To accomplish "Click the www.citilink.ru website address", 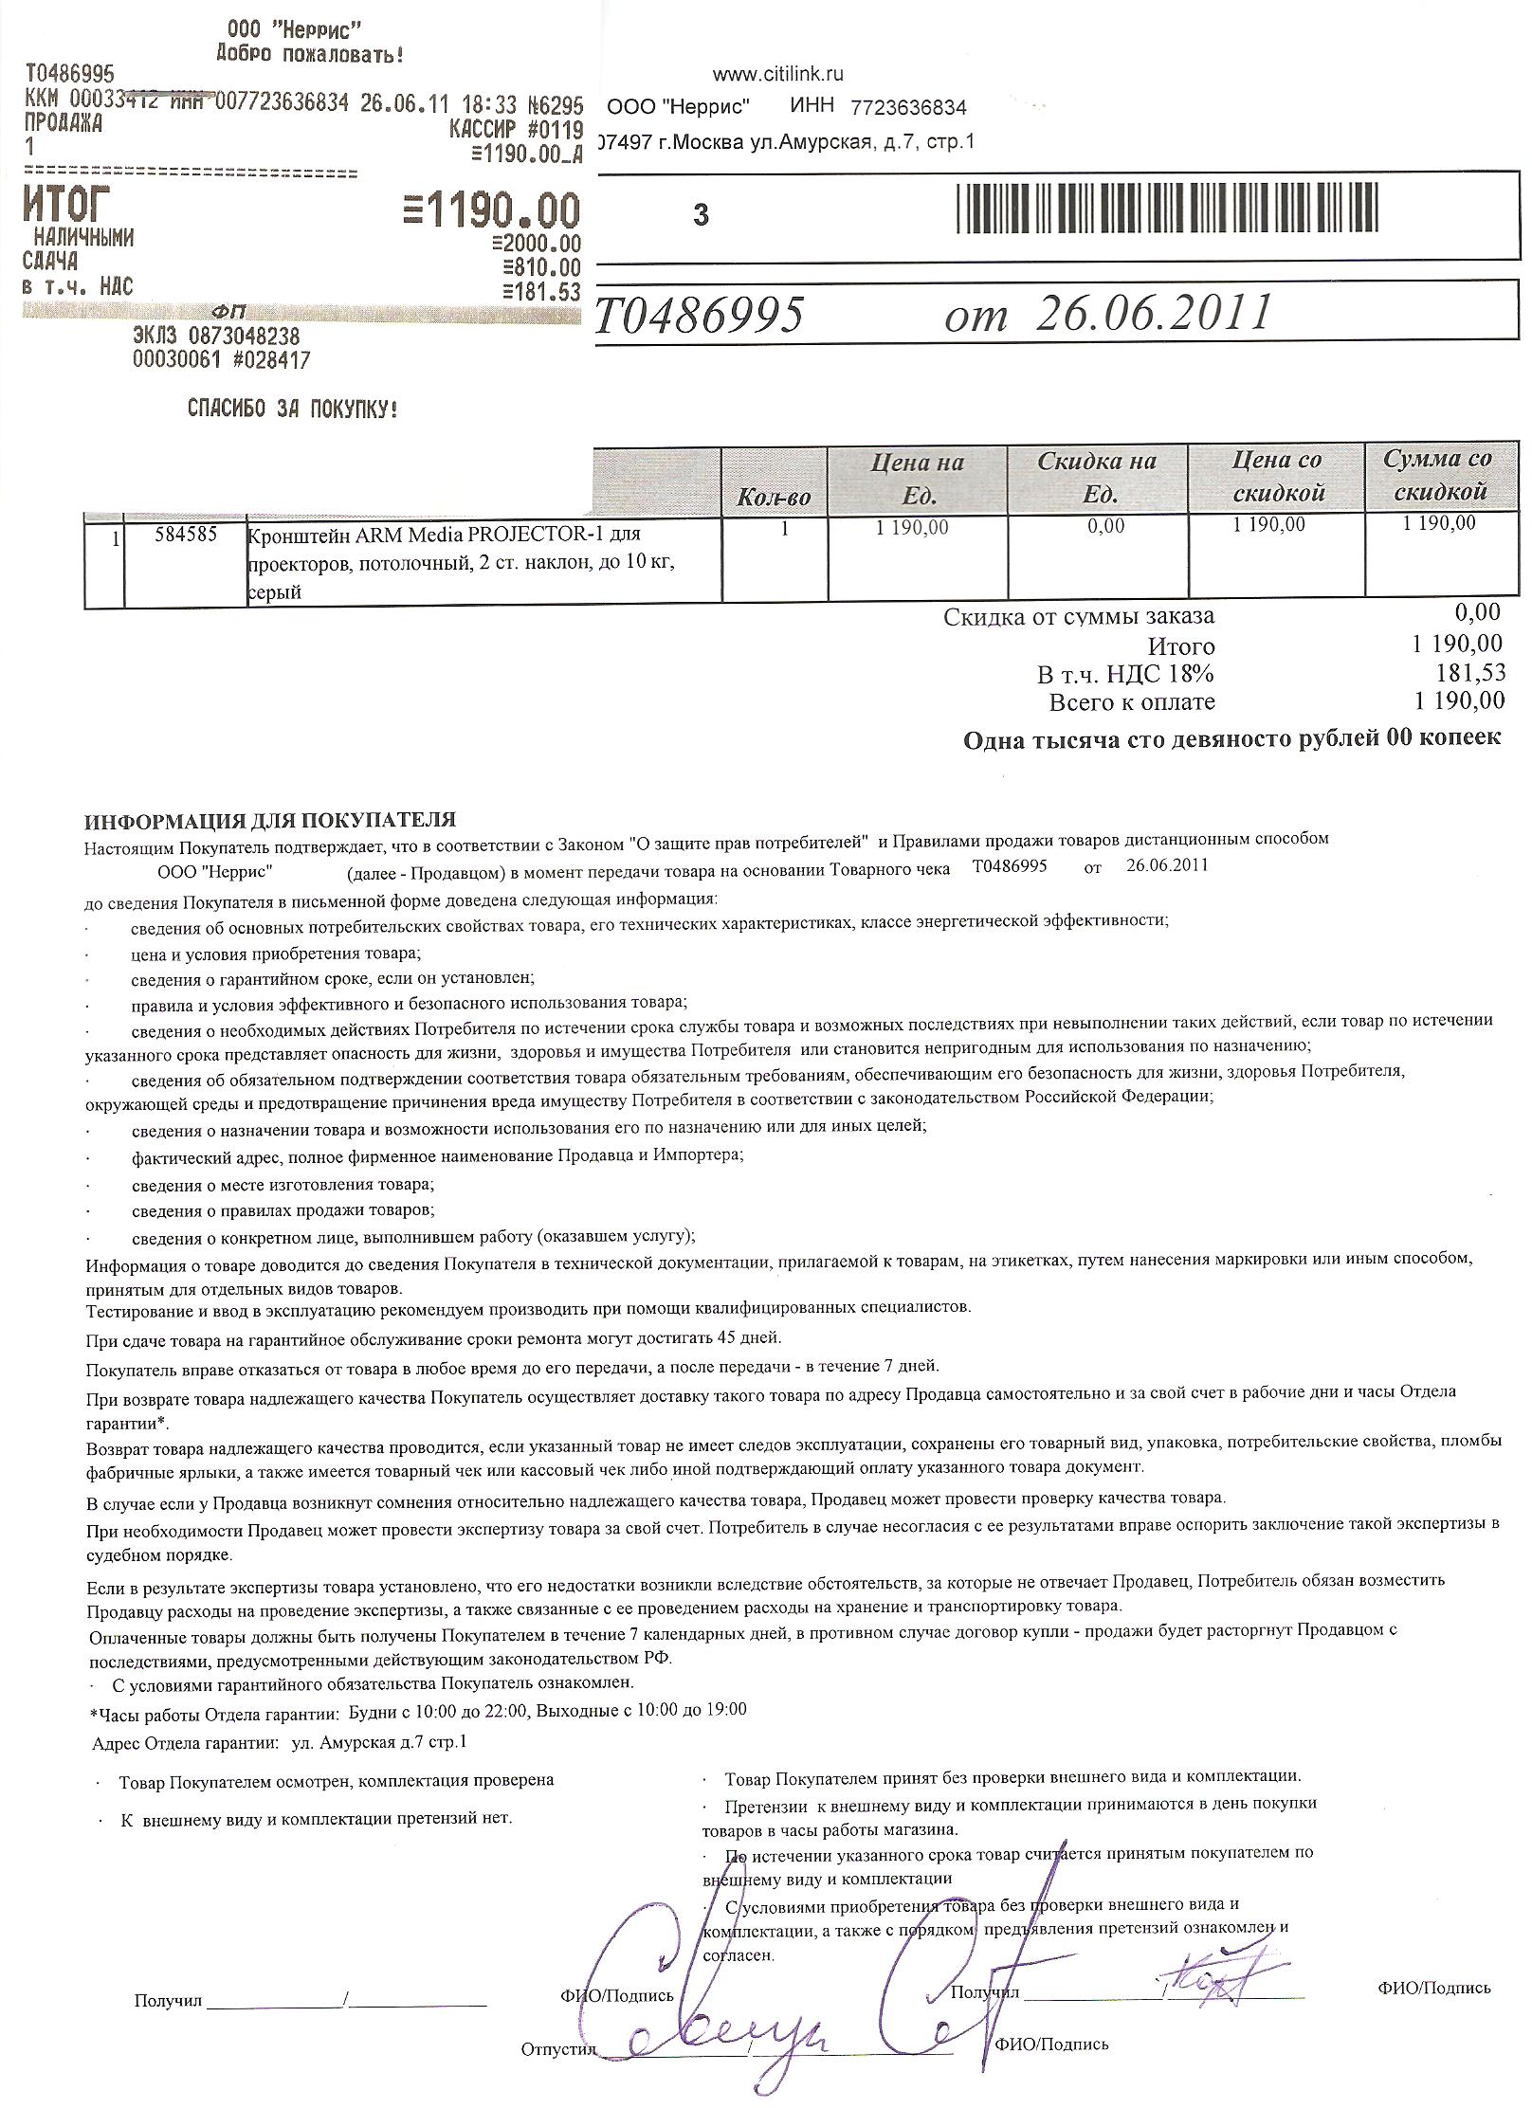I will pos(777,74).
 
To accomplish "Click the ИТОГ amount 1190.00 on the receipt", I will pos(490,209).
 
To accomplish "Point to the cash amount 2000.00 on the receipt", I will pos(537,245).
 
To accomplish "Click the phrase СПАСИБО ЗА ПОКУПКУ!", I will pos(292,409).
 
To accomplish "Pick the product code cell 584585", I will pos(185,535).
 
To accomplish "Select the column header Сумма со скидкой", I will pos(1437,476).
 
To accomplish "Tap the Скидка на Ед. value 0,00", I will pos(1106,525).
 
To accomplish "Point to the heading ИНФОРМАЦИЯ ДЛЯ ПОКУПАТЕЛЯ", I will pos(270,819).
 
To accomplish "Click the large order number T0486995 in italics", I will pos(701,315).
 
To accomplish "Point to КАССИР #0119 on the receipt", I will pos(516,130).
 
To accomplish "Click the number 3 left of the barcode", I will pos(701,215).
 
